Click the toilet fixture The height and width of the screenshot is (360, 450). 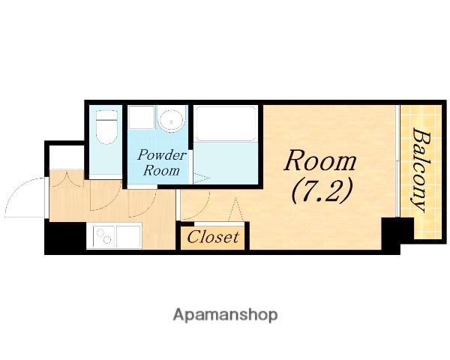point(106,127)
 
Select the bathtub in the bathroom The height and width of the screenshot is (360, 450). point(225,124)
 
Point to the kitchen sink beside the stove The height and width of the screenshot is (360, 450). point(128,236)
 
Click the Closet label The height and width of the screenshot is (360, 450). point(213,238)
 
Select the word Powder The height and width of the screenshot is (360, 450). point(162,155)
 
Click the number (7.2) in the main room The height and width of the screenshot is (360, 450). point(322,191)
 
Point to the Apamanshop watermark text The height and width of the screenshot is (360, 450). point(225,315)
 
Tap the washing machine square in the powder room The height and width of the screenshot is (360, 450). point(142,117)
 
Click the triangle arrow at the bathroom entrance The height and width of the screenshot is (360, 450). point(202,178)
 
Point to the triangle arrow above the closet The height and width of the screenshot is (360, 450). point(235,209)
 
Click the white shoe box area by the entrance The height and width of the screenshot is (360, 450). point(67,157)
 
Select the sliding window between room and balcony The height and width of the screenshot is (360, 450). point(397,161)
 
